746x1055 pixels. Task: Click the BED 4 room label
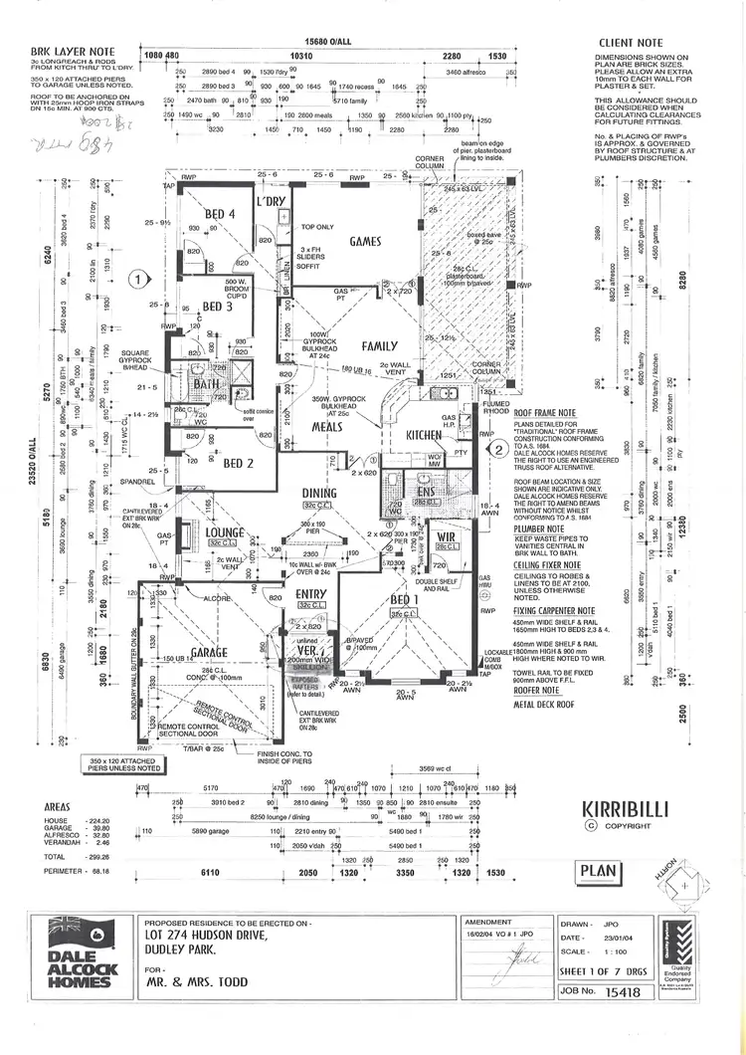pyautogui.click(x=220, y=214)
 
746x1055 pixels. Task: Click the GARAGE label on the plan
pyautogui.click(x=210, y=652)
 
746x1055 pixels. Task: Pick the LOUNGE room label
pyautogui.click(x=225, y=533)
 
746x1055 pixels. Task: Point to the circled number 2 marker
pyautogui.click(x=498, y=448)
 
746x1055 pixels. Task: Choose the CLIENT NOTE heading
pyautogui.click(x=631, y=44)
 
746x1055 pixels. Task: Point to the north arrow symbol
pyautogui.click(x=687, y=885)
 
